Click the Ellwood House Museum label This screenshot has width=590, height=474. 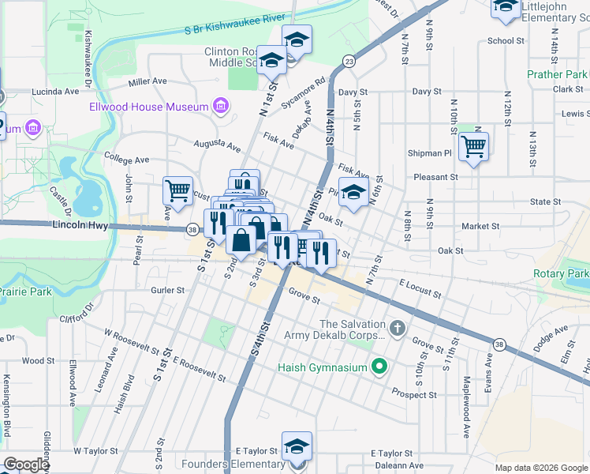click(148, 107)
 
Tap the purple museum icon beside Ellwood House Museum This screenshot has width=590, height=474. click(220, 107)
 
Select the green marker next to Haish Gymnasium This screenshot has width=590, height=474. click(379, 367)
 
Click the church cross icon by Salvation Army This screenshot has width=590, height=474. click(398, 326)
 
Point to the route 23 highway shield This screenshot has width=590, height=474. click(348, 60)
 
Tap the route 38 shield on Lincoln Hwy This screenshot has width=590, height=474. click(192, 230)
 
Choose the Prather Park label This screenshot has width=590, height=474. click(557, 75)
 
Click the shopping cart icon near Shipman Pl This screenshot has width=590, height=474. click(473, 145)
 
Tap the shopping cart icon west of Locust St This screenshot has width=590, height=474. click(177, 190)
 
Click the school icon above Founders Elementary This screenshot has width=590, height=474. click(297, 445)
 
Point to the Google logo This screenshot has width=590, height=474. click(25, 465)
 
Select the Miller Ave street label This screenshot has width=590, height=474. click(147, 81)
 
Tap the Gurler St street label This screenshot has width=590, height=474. click(167, 290)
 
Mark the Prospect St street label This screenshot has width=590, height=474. click(415, 394)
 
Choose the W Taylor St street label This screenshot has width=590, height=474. click(95, 451)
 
